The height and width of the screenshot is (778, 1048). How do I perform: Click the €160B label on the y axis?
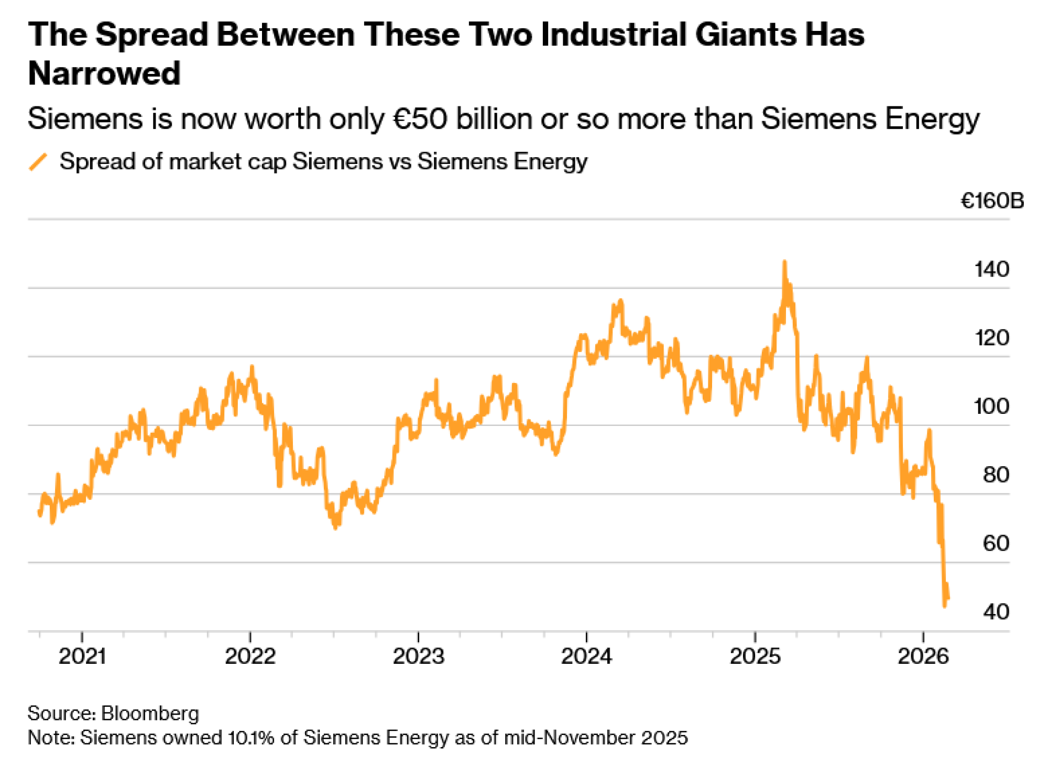[x=991, y=201]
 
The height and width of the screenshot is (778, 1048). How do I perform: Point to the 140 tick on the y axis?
[x=991, y=269]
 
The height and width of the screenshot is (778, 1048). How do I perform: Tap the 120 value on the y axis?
[x=991, y=338]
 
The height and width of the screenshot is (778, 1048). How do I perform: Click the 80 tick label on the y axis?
[x=996, y=475]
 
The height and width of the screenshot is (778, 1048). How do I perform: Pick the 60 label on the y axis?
[x=996, y=543]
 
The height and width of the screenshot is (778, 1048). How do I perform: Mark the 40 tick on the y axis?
[x=996, y=612]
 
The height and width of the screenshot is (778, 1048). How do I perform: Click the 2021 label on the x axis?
[x=82, y=656]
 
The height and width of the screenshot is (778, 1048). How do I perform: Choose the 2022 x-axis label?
[x=250, y=656]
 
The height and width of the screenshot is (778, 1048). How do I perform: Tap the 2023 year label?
[x=418, y=656]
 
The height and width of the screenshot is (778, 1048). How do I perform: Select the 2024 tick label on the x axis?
[x=586, y=656]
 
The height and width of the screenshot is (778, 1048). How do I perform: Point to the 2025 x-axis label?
[x=755, y=656]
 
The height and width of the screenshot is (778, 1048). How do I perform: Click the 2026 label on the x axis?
[x=923, y=656]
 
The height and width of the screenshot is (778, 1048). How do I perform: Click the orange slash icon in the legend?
[x=38, y=162]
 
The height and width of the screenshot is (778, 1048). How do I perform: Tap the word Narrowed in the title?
[x=104, y=73]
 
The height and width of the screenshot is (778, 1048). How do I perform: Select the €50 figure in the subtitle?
[x=420, y=119]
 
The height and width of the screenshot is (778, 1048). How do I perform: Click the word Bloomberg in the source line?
[x=150, y=714]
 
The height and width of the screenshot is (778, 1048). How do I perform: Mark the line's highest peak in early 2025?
[x=784, y=261]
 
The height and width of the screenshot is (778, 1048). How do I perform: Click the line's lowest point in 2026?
[x=945, y=606]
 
